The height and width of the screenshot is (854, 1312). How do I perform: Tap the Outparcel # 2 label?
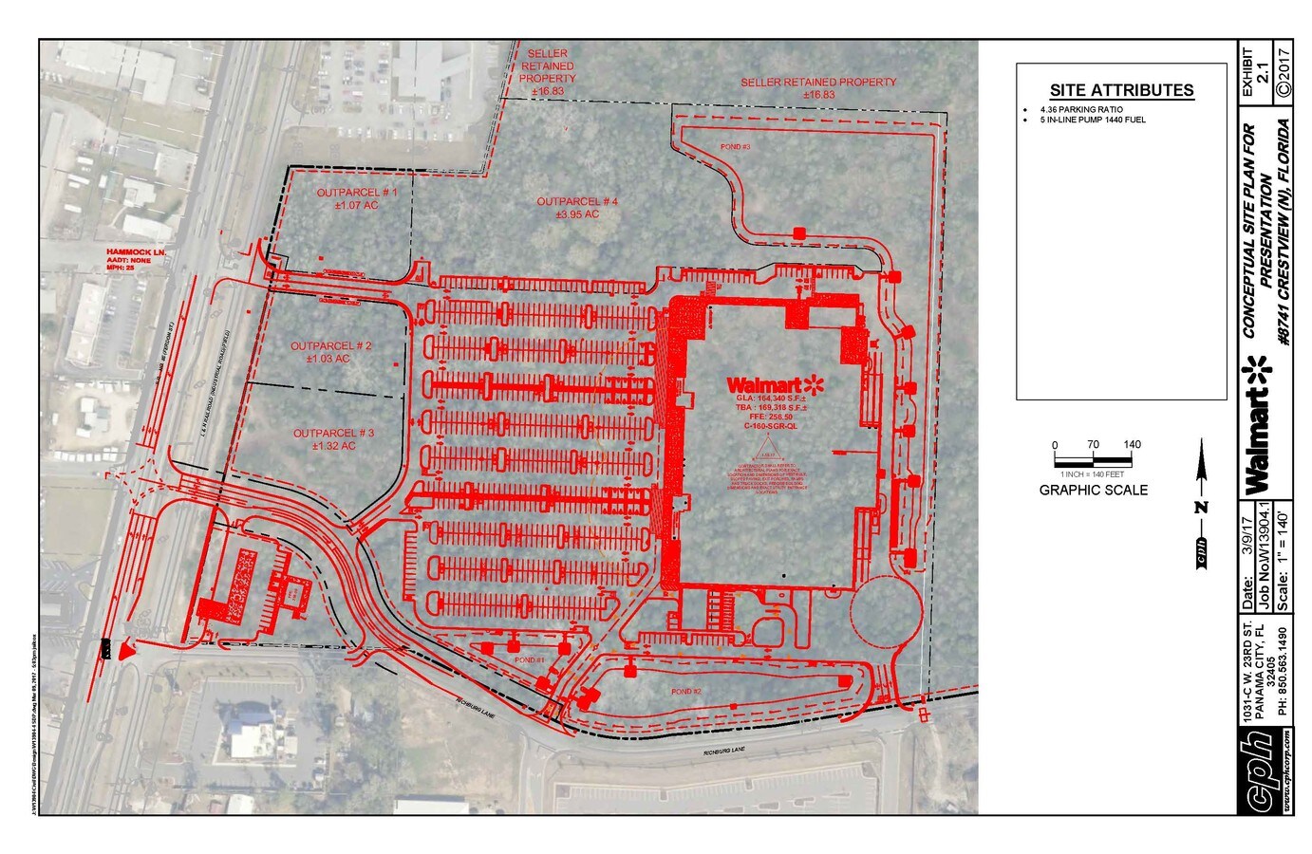coord(330,352)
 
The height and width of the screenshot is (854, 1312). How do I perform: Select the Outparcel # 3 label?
coord(333,439)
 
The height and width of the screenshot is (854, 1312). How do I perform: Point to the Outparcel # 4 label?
coord(577,208)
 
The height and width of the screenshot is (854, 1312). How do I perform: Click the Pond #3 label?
coord(735,147)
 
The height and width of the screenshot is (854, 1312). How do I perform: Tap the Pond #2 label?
coord(685,692)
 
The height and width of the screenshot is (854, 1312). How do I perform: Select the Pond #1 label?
coord(529,659)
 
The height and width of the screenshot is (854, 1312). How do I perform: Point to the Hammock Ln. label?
coord(135,252)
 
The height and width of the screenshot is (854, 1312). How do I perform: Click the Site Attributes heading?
coord(1121,91)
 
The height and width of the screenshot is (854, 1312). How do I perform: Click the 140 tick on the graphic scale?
coord(1132,445)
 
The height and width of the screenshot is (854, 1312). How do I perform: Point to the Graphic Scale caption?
coord(1093,491)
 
